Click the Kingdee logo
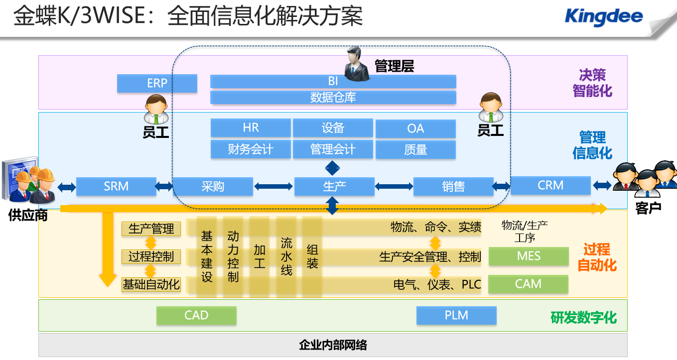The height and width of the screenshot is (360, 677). coord(604,16)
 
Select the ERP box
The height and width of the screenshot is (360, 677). coord(157,83)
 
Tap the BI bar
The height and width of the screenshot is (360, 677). coord(333,81)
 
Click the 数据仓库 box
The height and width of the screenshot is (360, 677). coord(333,97)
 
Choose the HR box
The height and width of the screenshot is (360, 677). coord(251,127)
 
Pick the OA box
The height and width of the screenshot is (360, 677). coord(415,128)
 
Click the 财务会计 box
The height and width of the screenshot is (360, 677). coord(251,149)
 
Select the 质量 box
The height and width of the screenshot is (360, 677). coord(415,149)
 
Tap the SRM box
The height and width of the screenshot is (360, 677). coord(116,186)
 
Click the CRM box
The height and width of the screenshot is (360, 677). coord(550,185)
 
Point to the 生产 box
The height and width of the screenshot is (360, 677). coord(334,187)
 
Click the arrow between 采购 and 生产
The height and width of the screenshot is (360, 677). coord(273,187)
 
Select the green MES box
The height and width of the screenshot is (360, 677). coord(528,256)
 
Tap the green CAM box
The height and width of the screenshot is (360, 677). coord(528,284)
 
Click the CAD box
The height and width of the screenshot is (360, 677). coord(196,315)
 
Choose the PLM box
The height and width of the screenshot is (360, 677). coord(456,315)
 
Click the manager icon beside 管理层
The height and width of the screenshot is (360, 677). coord(357,64)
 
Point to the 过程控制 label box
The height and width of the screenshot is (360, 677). coord(151,256)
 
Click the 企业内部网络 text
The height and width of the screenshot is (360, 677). coord(333,345)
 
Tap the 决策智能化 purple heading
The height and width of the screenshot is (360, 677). coord(592,83)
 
